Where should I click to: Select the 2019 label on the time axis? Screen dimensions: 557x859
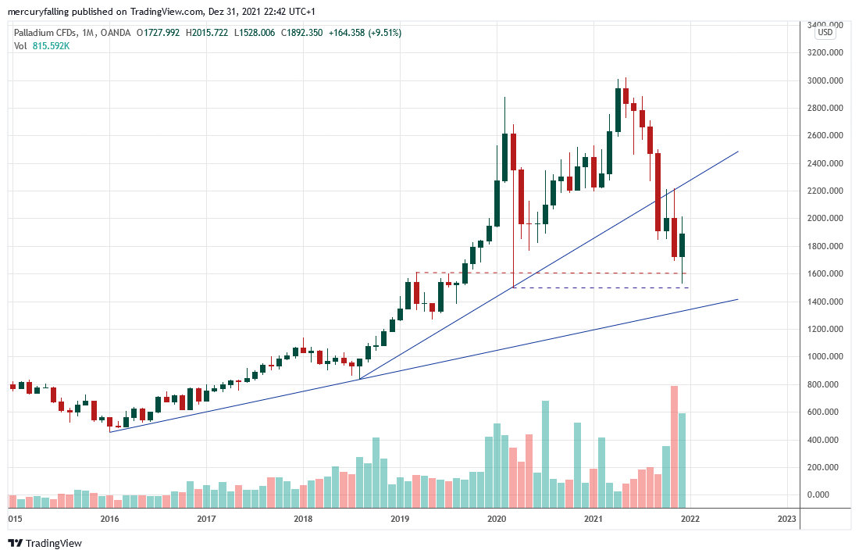400,518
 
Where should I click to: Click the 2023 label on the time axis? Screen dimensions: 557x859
787,518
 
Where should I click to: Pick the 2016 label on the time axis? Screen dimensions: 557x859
109,518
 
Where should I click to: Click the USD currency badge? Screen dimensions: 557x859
825,32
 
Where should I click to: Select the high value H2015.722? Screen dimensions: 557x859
208,33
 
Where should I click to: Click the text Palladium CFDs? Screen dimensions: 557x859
44,33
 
